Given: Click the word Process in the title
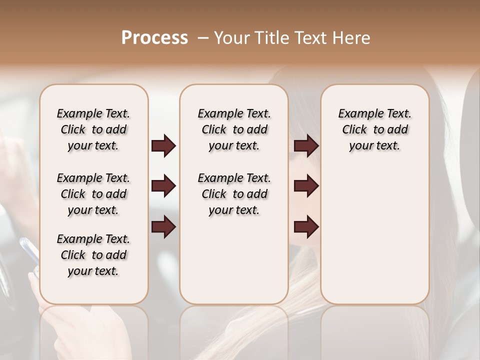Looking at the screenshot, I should click(x=154, y=38).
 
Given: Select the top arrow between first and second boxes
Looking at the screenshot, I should click(x=163, y=146).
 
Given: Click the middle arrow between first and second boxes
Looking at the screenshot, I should click(x=163, y=186).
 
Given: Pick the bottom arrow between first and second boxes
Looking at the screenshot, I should click(x=163, y=227).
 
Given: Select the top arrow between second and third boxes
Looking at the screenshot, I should click(x=306, y=146).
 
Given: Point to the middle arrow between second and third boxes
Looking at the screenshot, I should click(x=306, y=186).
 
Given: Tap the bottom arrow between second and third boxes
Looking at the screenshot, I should click(x=306, y=227).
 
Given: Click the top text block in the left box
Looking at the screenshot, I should click(x=93, y=129).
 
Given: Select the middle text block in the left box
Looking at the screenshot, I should click(x=93, y=194).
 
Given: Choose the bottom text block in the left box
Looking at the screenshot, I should click(x=93, y=255).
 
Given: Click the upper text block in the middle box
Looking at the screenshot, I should click(x=234, y=129).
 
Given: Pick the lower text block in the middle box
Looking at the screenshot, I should click(x=234, y=194).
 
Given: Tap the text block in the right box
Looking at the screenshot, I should click(x=374, y=129).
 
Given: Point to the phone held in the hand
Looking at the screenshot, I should click(x=30, y=252).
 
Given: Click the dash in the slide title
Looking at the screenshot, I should click(x=202, y=38).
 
